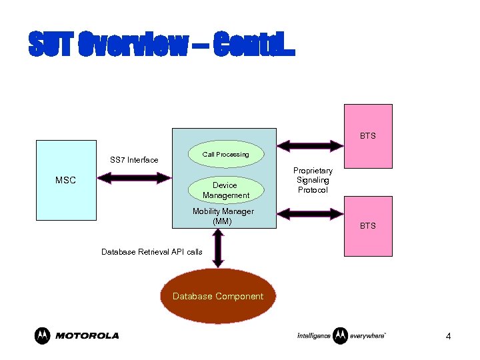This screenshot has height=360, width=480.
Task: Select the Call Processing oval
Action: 225,154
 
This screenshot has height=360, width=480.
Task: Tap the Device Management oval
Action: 225,190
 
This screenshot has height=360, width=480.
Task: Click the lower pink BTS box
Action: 367,226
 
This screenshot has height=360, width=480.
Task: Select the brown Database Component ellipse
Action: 218,297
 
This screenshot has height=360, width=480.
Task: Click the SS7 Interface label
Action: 134,160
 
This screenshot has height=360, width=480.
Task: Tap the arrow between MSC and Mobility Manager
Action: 134,178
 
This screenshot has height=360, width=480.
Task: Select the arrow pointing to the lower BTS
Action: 309,213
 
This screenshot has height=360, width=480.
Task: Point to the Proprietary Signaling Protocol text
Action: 313,181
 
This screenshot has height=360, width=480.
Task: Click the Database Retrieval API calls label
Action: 151,252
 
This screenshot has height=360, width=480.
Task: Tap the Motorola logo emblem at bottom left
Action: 43,335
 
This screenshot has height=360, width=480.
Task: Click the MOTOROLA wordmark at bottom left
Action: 87,336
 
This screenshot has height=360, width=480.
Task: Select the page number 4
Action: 448,337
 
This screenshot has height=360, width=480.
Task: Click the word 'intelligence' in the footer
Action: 313,336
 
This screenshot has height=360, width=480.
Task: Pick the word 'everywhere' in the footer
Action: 368,336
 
